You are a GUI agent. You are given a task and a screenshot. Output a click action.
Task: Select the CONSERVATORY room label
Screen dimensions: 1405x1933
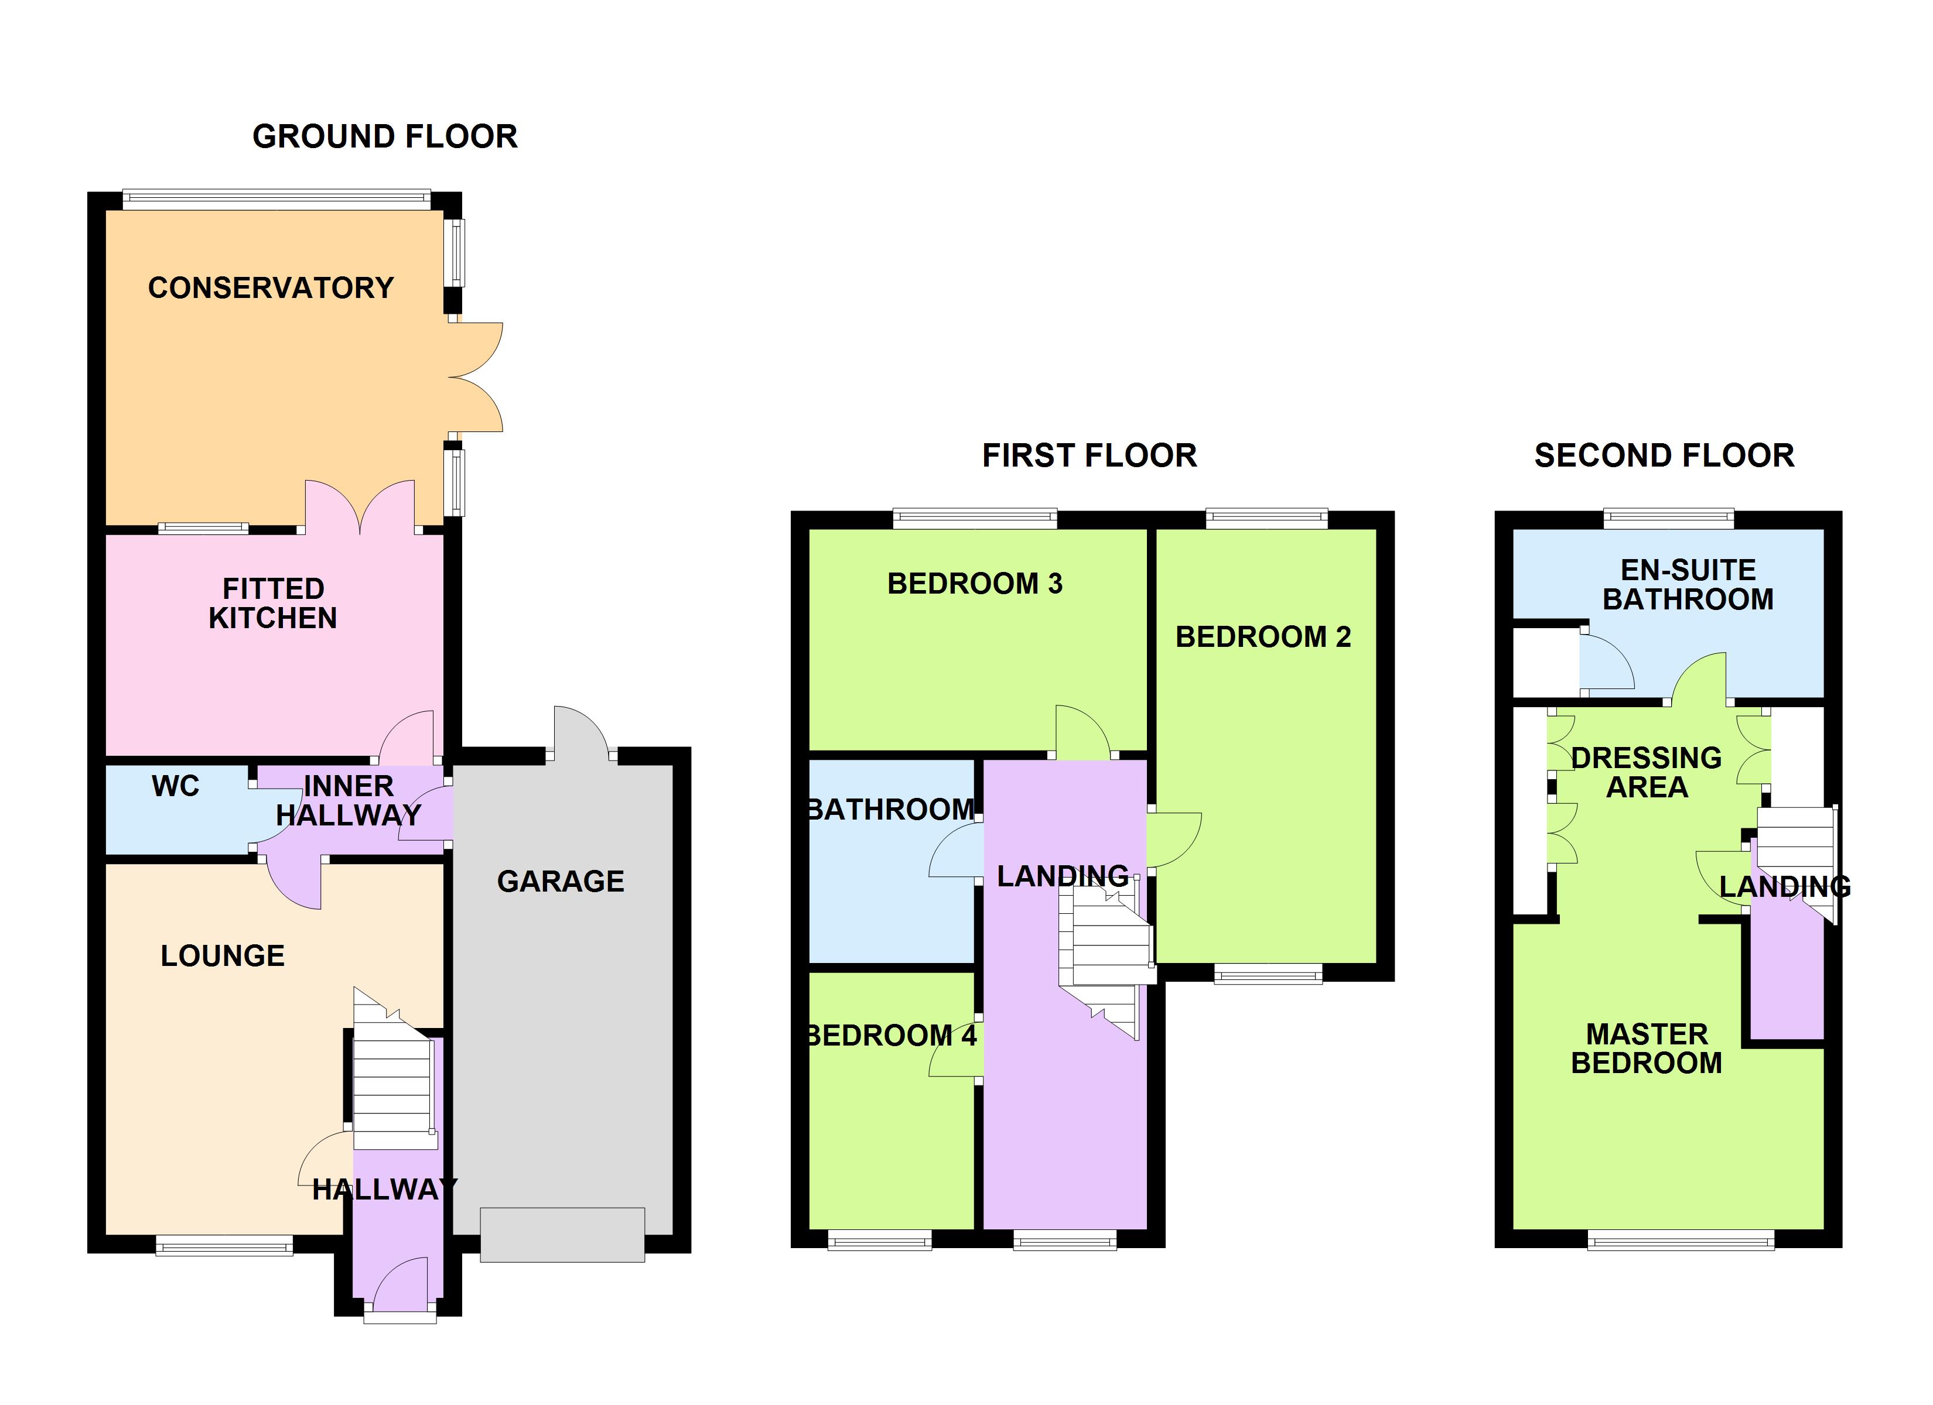[x=271, y=288]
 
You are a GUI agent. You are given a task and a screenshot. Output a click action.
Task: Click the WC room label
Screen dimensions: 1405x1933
[x=176, y=786]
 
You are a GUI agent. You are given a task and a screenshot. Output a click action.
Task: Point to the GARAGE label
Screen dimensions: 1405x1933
[x=560, y=881]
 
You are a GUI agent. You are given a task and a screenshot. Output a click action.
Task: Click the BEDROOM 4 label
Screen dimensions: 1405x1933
[x=891, y=1036]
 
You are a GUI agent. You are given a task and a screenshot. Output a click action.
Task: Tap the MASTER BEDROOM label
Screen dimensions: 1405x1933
[x=1646, y=1049]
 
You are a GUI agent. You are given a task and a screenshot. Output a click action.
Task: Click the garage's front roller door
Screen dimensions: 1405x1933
[x=562, y=1235]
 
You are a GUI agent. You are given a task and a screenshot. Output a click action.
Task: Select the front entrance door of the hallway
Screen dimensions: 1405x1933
[x=399, y=1287]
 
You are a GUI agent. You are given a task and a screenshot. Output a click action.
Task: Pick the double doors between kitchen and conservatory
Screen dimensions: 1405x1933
[x=360, y=509]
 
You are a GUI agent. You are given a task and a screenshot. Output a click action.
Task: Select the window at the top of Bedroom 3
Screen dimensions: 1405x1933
[x=975, y=518]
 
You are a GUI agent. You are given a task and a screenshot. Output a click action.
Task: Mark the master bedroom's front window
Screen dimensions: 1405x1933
[x=1680, y=1240]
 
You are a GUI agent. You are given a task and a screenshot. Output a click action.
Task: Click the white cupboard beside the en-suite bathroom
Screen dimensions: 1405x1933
[x=1545, y=663]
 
